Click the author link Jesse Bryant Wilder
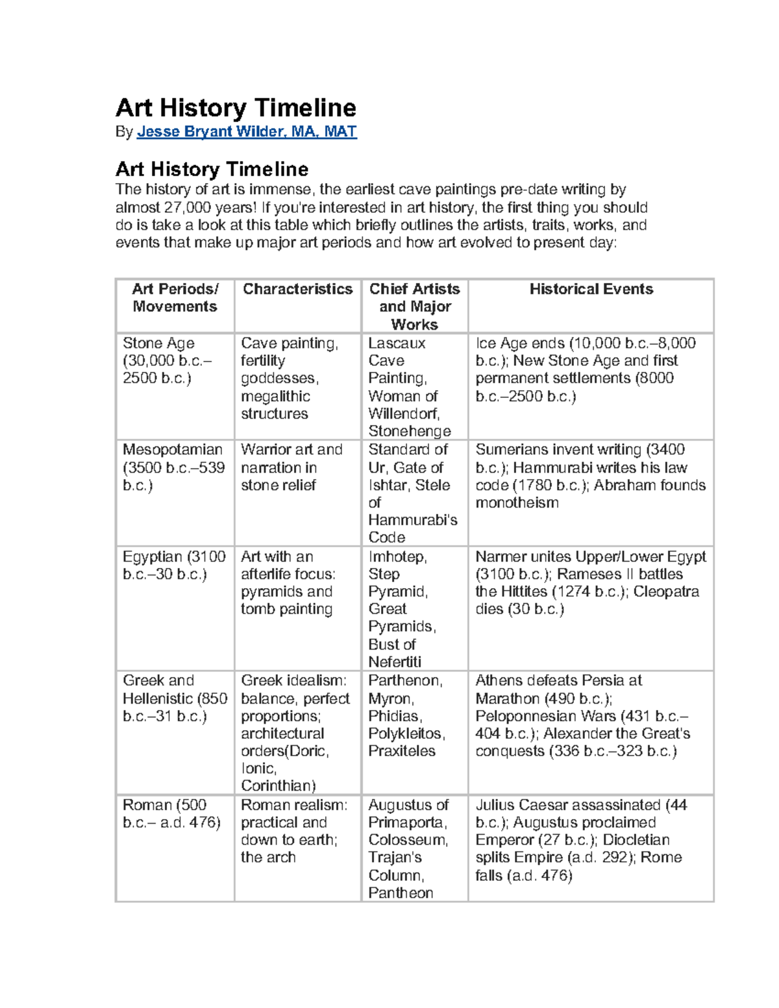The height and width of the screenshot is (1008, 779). point(247,132)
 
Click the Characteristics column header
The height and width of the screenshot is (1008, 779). point(297,289)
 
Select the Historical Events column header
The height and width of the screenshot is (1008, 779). point(591,289)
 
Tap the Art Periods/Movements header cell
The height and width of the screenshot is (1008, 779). point(175,298)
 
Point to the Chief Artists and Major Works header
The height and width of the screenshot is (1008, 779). point(414,306)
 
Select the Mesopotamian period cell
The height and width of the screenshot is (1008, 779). point(173,467)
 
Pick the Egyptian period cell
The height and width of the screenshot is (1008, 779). point(174,565)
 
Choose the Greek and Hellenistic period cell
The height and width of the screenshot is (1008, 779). point(175,698)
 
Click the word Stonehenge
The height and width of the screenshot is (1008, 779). point(410,432)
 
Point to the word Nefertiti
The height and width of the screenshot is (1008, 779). point(395,662)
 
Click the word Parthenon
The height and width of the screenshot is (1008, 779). point(404,681)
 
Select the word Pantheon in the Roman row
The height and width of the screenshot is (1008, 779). point(401,893)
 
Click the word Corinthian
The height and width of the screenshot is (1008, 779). point(278,786)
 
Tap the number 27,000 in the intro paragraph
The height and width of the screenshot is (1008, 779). point(188,208)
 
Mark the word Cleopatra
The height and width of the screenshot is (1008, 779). point(666,592)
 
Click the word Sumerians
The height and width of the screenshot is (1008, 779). point(511,450)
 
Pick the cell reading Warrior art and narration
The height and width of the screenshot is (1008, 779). point(291,467)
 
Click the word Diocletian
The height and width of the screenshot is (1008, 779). point(636,840)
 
